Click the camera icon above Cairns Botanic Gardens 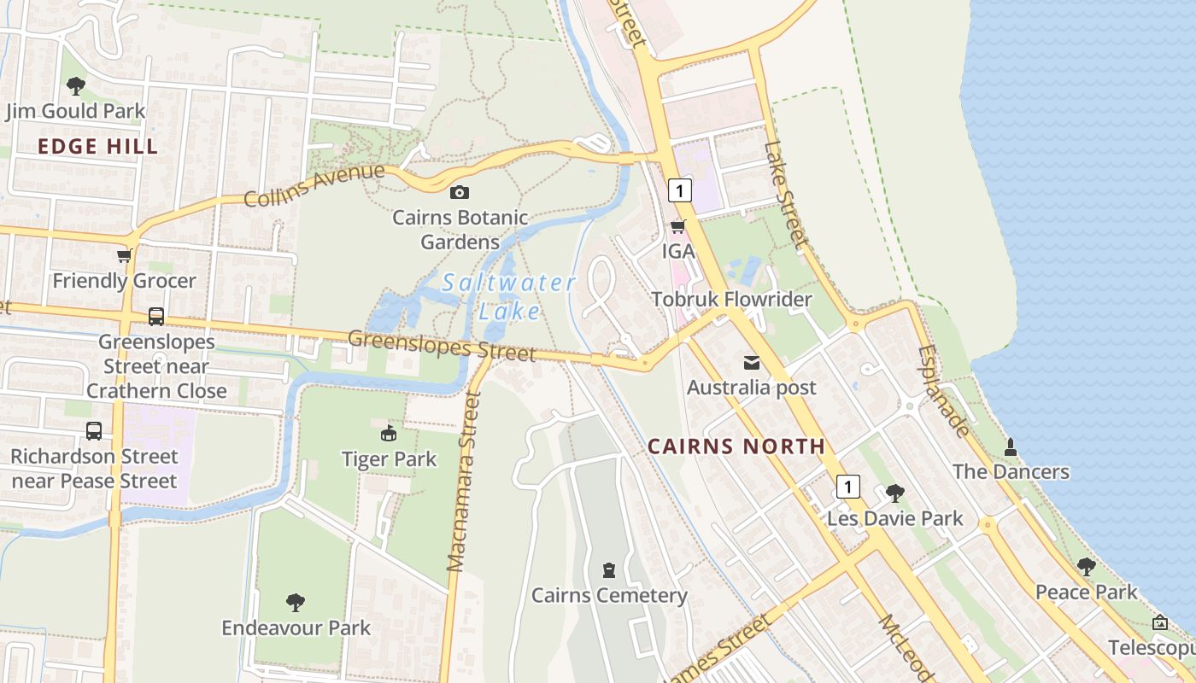[x=460, y=193]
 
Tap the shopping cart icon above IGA [x=678, y=227]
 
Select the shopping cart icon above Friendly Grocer [x=124, y=256]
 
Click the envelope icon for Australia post [x=752, y=363]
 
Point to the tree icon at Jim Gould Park [x=76, y=85]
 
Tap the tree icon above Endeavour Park [x=296, y=603]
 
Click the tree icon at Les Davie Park [x=895, y=493]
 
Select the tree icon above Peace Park [x=1086, y=567]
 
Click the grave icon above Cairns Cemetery [x=609, y=570]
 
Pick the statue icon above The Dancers [x=1011, y=447]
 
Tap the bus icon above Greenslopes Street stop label [x=156, y=317]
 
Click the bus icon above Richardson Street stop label [x=94, y=431]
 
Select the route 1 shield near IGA [x=679, y=190]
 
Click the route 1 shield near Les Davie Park [x=847, y=487]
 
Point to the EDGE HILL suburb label [x=98, y=147]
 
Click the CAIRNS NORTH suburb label [x=736, y=446]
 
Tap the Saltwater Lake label [x=509, y=296]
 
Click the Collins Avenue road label [x=314, y=185]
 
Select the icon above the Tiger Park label [x=389, y=434]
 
